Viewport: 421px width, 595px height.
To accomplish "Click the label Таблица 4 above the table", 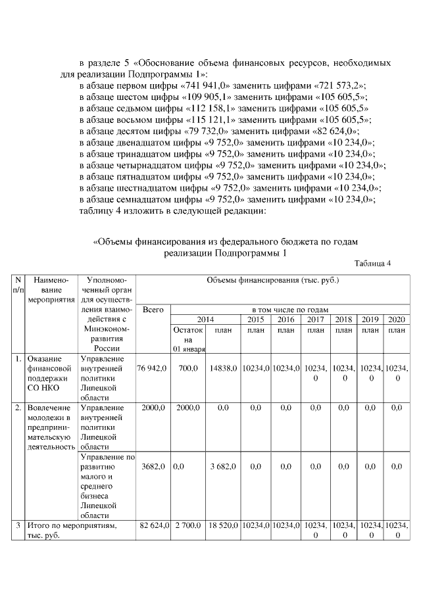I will click(372, 264).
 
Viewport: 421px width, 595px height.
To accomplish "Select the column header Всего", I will click(153, 309).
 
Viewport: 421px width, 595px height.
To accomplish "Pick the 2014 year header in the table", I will click(206, 319).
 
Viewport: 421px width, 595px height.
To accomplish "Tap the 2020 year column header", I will click(396, 319).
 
